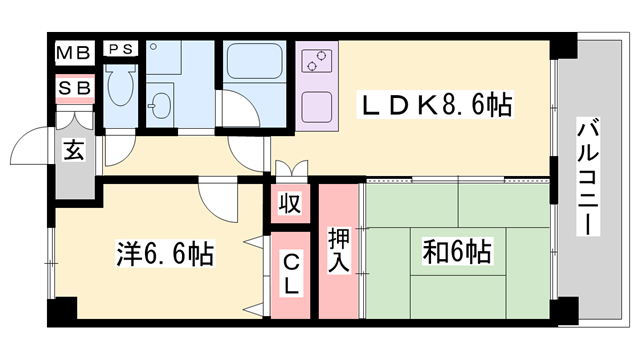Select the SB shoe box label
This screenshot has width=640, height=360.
click(74, 88)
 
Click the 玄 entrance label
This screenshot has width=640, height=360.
click(74, 151)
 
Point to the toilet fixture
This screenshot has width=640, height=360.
click(121, 90)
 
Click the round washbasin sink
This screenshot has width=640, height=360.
click(160, 104)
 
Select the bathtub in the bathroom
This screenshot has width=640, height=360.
click(255, 65)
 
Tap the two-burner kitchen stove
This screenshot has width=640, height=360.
click(320, 59)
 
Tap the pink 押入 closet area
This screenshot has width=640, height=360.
click(338, 290)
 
